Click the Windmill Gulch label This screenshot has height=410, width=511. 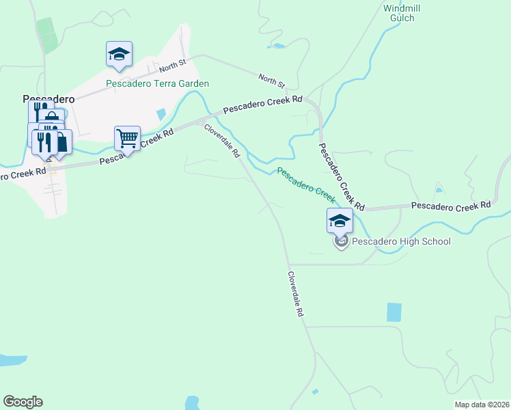pyautogui.click(x=398, y=13)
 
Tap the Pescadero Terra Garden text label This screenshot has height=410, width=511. pyautogui.click(x=157, y=84)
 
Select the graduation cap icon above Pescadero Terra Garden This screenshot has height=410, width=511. pyautogui.click(x=119, y=55)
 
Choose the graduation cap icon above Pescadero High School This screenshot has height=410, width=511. pyautogui.click(x=340, y=221)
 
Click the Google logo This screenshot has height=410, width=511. pyautogui.click(x=23, y=402)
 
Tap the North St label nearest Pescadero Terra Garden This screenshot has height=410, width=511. pyautogui.click(x=173, y=66)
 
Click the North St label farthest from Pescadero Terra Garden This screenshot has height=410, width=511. pyautogui.click(x=271, y=80)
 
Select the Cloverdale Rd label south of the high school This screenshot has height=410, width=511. pyautogui.click(x=295, y=294)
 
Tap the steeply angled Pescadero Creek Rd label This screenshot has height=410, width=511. pyautogui.click(x=342, y=176)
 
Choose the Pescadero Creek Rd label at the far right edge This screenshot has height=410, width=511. pyautogui.click(x=451, y=204)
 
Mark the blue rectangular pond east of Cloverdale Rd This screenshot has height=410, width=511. pyautogui.click(x=394, y=312)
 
